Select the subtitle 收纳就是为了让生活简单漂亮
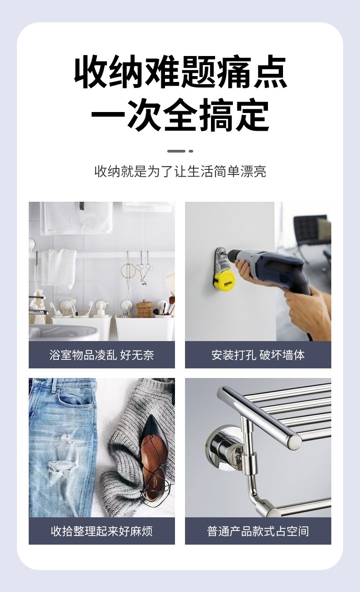[x=180, y=172]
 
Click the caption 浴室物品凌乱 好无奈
[x=102, y=355]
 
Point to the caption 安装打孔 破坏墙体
[x=258, y=355]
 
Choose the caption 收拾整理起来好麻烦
[x=102, y=531]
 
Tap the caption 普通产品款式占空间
[x=258, y=531]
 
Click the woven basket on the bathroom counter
[x=144, y=308]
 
